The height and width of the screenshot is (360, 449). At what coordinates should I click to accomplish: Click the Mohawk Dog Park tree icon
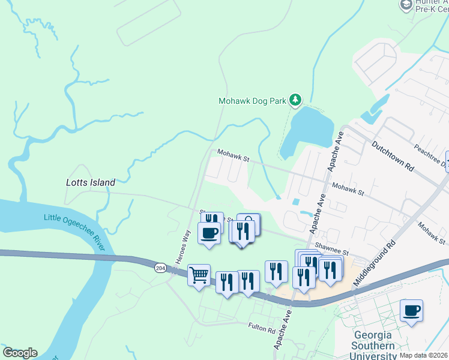(295, 100)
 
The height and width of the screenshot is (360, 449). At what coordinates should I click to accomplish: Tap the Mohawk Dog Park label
(252, 101)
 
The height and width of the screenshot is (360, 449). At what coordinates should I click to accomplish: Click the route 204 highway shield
(160, 267)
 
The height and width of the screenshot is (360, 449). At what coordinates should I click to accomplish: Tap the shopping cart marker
(199, 275)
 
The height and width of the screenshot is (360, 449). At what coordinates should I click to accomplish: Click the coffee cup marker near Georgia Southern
(411, 311)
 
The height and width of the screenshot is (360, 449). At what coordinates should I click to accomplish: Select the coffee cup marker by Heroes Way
(209, 233)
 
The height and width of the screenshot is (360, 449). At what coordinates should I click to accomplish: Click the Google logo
(20, 353)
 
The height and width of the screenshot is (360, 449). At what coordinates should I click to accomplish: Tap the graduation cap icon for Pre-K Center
(406, 5)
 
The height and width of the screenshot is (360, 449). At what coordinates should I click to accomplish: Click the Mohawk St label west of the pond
(233, 157)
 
